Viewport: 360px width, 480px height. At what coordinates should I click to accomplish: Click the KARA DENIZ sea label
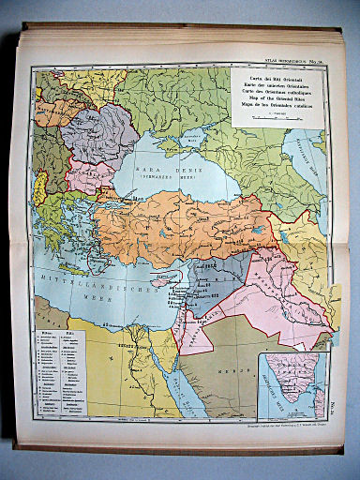(x=163, y=171)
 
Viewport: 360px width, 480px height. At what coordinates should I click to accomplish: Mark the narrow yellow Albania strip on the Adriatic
(x=40, y=187)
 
